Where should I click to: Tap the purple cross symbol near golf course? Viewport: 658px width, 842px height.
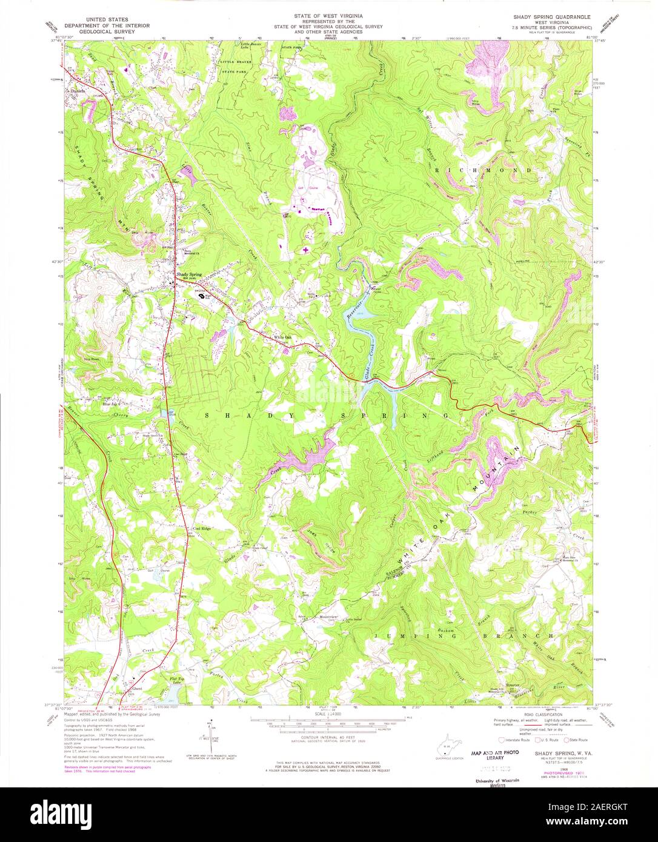tap(305, 249)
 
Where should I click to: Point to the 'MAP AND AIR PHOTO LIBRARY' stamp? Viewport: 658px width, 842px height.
tap(496, 755)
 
